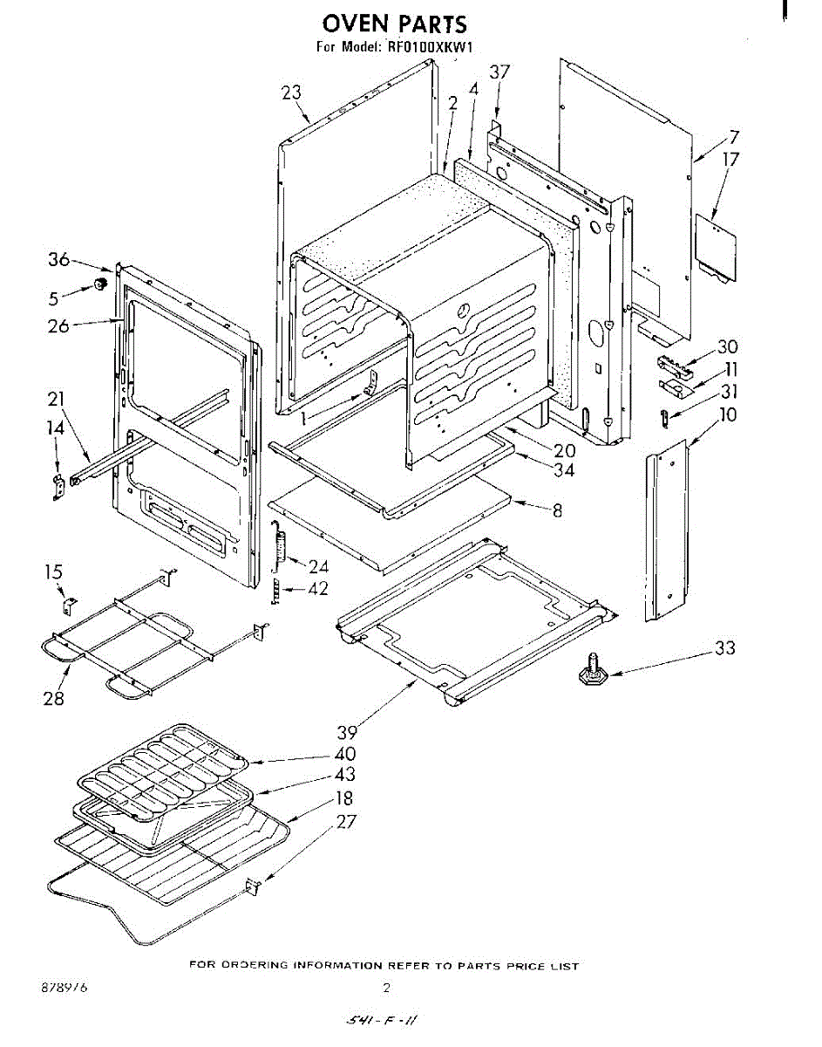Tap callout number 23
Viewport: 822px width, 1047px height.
291,93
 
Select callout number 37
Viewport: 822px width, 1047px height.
499,72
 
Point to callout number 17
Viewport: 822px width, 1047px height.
730,159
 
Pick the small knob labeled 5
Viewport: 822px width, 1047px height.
100,284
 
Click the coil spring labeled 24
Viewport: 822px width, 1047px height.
281,548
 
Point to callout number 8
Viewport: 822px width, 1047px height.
557,511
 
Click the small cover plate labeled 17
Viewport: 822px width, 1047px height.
715,249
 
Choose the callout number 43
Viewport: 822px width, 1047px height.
344,775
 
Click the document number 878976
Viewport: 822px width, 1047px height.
64,989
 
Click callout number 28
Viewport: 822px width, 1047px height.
54,698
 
